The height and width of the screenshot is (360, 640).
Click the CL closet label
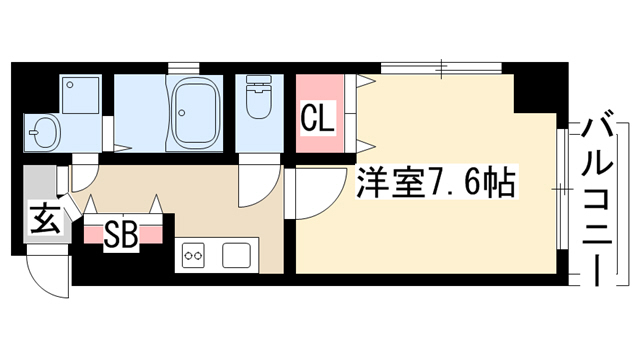[x=318, y=118]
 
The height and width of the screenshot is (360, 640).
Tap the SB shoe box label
[x=120, y=236]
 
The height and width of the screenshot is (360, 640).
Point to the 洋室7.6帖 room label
[x=437, y=182]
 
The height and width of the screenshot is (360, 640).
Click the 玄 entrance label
[x=46, y=219]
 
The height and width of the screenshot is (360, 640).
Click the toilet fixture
[x=259, y=96]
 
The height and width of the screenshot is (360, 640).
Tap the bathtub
[x=194, y=113]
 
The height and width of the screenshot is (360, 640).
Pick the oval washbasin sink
[x=46, y=133]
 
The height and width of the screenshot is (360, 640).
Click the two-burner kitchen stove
[x=193, y=255]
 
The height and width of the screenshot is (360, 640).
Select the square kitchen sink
[x=236, y=255]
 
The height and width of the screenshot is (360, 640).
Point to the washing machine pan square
[x=80, y=95]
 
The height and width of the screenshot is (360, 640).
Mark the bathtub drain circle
[x=182, y=113]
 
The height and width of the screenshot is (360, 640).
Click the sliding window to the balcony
[x=562, y=189]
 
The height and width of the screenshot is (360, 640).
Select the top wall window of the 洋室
[x=441, y=68]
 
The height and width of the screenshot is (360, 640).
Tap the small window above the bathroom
[x=183, y=68]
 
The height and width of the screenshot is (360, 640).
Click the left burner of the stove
[x=188, y=256]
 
